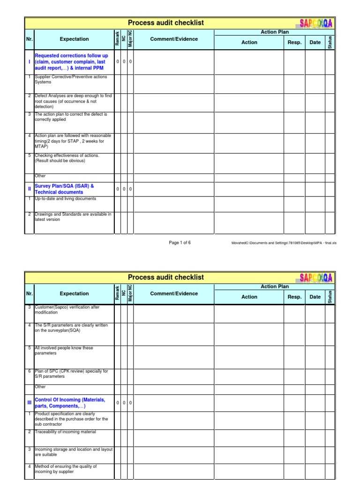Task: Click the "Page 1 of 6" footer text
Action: pyautogui.click(x=180, y=243)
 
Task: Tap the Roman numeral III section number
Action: pyautogui.click(x=29, y=403)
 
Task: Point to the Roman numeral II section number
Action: pyautogui.click(x=29, y=189)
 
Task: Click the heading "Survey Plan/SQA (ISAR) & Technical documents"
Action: pyautogui.click(x=64, y=189)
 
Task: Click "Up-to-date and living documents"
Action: pyautogui.click(x=65, y=199)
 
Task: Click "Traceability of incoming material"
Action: pyautogui.click(x=65, y=432)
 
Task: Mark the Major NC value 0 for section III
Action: pyautogui.click(x=131, y=403)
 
